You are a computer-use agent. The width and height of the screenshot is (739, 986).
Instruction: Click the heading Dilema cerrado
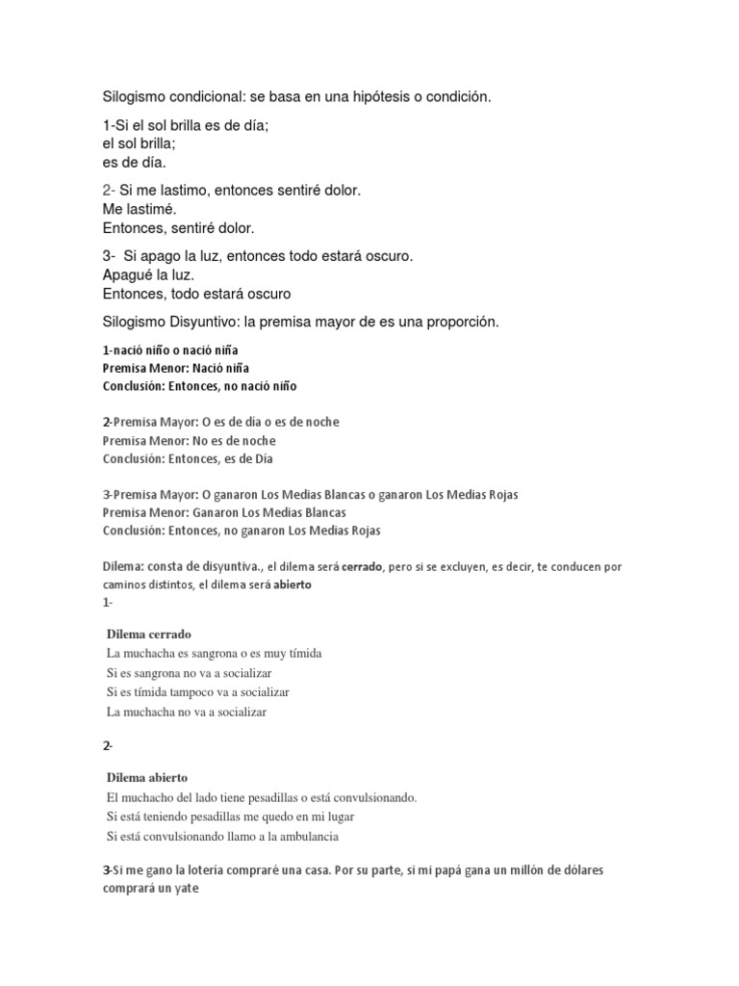coord(149,634)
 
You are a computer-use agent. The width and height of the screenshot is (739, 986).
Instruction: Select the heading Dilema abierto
coord(147,776)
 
